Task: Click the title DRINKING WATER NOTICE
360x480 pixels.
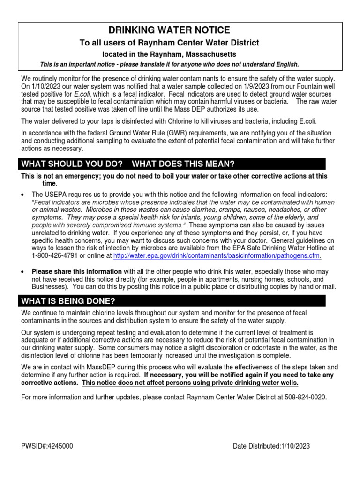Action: pyautogui.click(x=169, y=30)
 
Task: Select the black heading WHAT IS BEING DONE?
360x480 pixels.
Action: pyautogui.click(x=68, y=300)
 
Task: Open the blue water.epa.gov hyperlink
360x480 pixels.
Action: pyautogui.click(x=217, y=256)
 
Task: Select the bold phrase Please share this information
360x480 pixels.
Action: pyautogui.click(x=76, y=272)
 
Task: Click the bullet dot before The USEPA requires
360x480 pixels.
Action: pyautogui.click(x=23, y=195)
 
